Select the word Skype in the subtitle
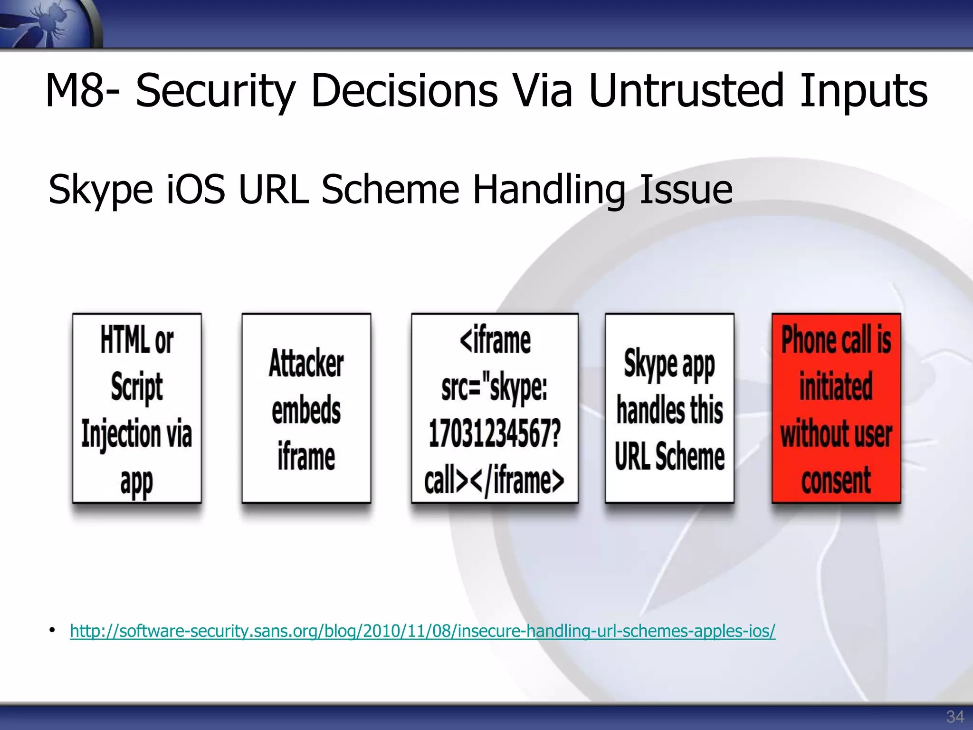[100, 190]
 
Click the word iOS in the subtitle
[195, 190]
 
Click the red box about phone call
[836, 408]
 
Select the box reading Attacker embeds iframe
[306, 408]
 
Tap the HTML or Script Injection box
[137, 408]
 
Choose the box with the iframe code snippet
[495, 408]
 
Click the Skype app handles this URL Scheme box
[669, 408]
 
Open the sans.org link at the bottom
[422, 631]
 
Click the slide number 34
[954, 716]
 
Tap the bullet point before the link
[52, 631]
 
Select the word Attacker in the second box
[306, 364]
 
